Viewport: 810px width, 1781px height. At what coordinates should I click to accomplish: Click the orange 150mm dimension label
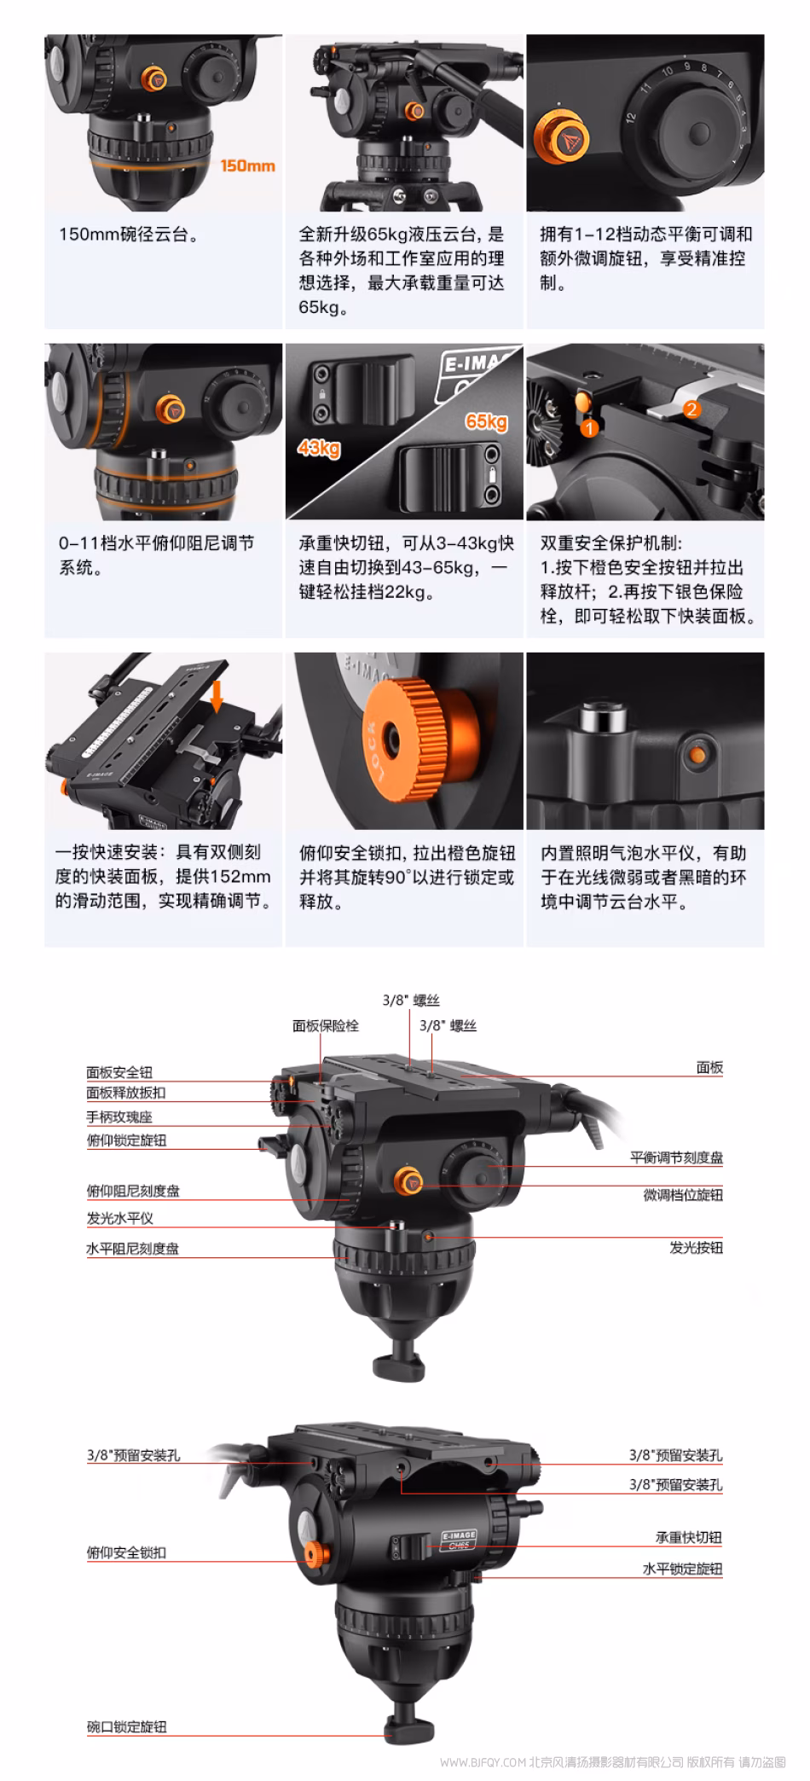[247, 165]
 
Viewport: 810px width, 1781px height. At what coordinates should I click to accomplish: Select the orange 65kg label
[486, 421]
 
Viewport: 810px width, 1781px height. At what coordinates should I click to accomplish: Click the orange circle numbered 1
[589, 428]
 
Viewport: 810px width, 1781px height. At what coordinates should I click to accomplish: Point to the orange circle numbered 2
[691, 409]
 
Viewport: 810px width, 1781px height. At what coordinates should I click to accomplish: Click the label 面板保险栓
[326, 1025]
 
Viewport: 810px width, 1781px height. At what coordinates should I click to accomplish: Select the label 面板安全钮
[119, 1072]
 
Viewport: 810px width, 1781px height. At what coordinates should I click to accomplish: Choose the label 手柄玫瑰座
[119, 1117]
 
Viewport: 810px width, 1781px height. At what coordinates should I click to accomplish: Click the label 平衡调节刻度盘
[676, 1157]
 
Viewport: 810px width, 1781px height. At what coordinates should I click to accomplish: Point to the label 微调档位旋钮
[683, 1195]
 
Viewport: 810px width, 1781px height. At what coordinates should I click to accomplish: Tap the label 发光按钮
[696, 1247]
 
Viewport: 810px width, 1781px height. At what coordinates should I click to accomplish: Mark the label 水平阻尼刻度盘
[133, 1249]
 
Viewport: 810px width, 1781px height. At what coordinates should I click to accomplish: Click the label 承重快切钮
[688, 1537]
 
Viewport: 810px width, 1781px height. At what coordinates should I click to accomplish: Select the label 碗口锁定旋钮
[127, 1726]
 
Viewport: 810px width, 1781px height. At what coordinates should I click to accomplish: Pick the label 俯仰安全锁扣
[127, 1552]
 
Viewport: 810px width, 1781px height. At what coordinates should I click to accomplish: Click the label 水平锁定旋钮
[682, 1569]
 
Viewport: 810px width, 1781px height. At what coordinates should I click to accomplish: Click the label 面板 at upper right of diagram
[709, 1067]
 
